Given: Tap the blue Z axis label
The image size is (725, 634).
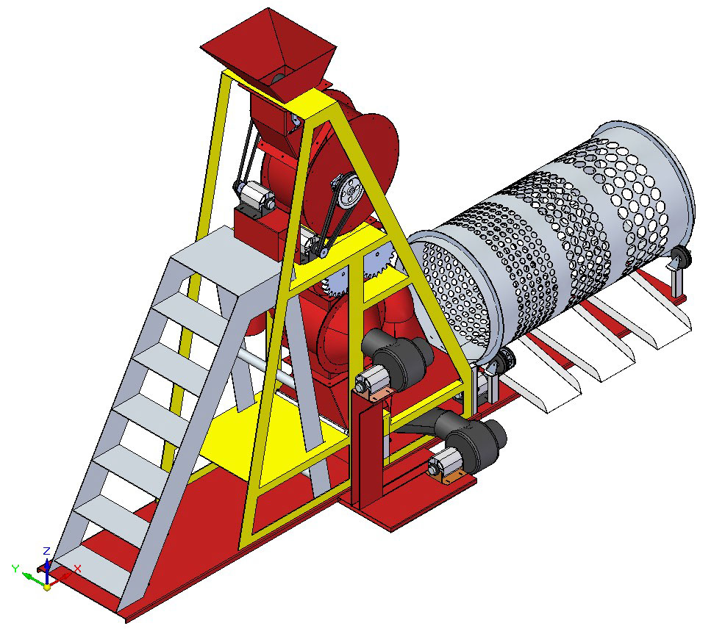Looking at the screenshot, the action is point(46,551).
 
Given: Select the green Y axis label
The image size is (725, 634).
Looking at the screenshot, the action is point(15,569).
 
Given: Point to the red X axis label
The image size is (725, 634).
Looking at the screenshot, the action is point(77,569).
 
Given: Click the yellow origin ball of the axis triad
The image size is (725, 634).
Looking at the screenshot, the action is point(47,587).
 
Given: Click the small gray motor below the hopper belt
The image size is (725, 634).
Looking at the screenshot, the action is point(255,196).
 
